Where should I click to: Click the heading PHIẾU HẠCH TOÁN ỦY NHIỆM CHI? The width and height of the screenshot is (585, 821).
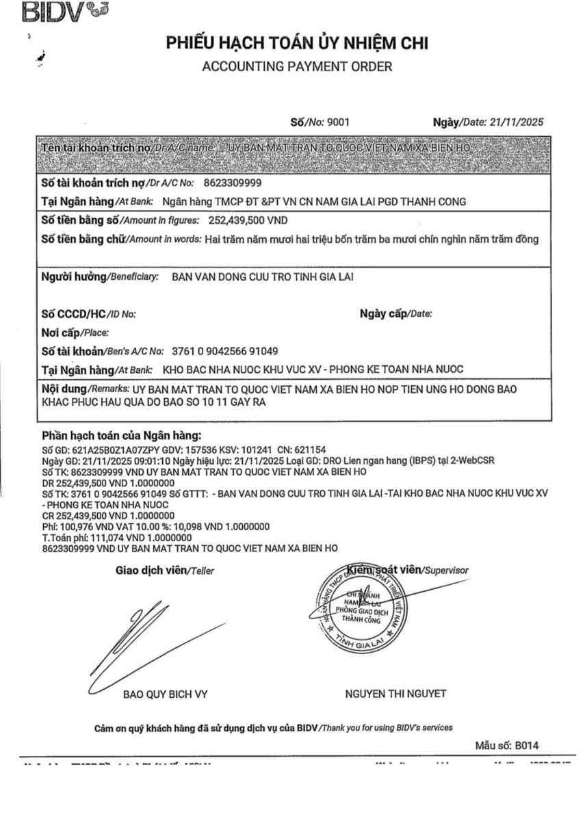coord(296,44)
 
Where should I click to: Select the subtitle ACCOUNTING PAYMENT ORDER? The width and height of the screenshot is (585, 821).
coord(297,66)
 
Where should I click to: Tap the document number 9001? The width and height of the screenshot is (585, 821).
coord(339,122)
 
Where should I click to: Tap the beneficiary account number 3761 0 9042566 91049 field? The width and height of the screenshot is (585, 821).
coord(224,351)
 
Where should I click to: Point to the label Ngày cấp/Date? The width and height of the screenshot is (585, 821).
coord(395,314)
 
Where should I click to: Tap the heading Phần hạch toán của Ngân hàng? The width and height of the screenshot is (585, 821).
coord(122,435)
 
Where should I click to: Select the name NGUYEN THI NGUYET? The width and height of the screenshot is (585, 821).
coord(396,694)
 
